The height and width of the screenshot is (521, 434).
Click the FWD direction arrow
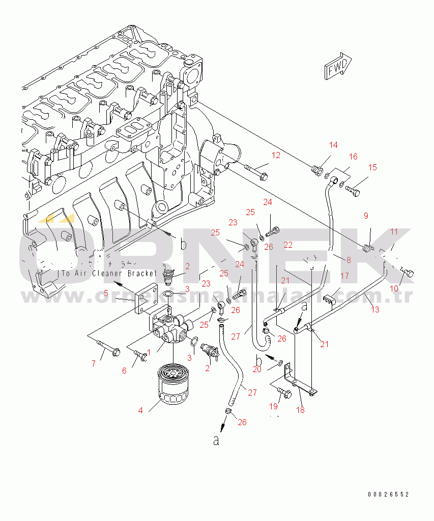pyautogui.click(x=337, y=66)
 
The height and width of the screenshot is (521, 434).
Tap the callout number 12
pyautogui.click(x=275, y=155)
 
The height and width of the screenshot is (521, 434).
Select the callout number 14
pyautogui.click(x=333, y=145)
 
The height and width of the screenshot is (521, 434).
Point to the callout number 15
pyautogui.click(x=372, y=167)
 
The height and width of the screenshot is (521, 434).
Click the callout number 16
pyautogui.click(x=353, y=157)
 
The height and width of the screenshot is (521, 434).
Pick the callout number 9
pyautogui.click(x=365, y=216)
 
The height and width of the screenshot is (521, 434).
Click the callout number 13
pyautogui.click(x=375, y=309)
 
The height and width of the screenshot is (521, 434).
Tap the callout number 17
pyautogui.click(x=344, y=276)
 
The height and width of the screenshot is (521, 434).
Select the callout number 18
pyautogui.click(x=300, y=410)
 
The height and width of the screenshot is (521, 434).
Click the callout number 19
pyautogui.click(x=274, y=406)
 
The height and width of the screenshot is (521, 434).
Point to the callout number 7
pyautogui.click(x=94, y=363)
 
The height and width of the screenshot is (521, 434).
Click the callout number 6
pyautogui.click(x=124, y=371)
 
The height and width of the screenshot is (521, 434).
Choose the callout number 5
pyautogui.click(x=106, y=293)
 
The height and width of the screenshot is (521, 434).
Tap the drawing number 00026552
pyautogui.click(x=389, y=494)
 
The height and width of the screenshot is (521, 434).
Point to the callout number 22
pyautogui.click(x=288, y=245)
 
